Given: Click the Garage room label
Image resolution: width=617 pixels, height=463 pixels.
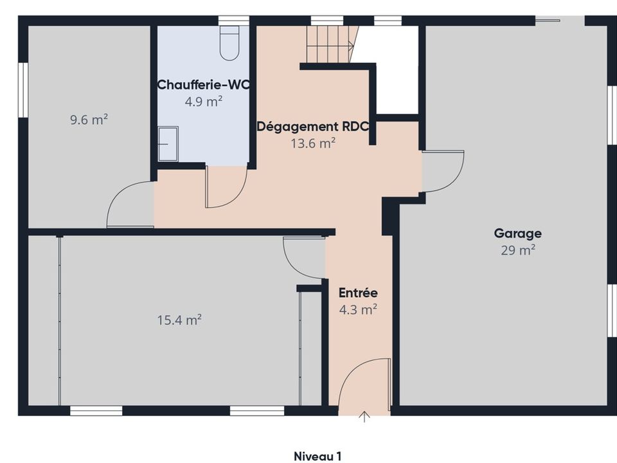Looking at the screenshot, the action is [517, 233].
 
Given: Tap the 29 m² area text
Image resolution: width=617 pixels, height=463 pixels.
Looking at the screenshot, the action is [518, 250].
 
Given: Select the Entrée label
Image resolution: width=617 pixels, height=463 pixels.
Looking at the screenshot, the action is [358, 293].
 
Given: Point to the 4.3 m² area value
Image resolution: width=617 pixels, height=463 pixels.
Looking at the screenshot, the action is [358, 309].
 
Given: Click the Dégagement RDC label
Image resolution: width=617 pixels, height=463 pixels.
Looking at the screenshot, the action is [313, 127].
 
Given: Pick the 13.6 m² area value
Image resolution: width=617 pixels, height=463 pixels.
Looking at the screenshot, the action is [313, 143].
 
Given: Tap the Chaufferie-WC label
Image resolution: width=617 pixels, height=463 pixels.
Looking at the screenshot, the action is [204, 85].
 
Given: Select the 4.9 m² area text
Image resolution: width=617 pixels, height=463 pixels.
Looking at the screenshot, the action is [204, 102].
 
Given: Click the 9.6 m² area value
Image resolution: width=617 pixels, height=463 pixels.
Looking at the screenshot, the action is [89, 120].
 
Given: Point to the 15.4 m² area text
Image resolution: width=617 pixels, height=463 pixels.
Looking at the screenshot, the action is [179, 320].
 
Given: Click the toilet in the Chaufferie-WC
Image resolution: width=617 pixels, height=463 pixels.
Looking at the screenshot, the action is [229, 43].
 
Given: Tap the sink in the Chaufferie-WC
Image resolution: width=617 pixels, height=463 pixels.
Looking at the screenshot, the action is [168, 143].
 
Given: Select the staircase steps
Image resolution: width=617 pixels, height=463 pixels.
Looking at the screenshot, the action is [330, 44].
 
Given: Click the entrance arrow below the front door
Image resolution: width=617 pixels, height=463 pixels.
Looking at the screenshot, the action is [365, 417].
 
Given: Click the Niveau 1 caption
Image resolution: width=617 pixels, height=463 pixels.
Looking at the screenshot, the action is [317, 456].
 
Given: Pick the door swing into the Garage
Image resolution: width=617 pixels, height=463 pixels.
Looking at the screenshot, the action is [443, 171].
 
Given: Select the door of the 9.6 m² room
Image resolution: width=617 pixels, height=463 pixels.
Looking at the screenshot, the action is [130, 204].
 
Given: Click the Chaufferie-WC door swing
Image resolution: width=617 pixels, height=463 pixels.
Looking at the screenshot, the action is [227, 186].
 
